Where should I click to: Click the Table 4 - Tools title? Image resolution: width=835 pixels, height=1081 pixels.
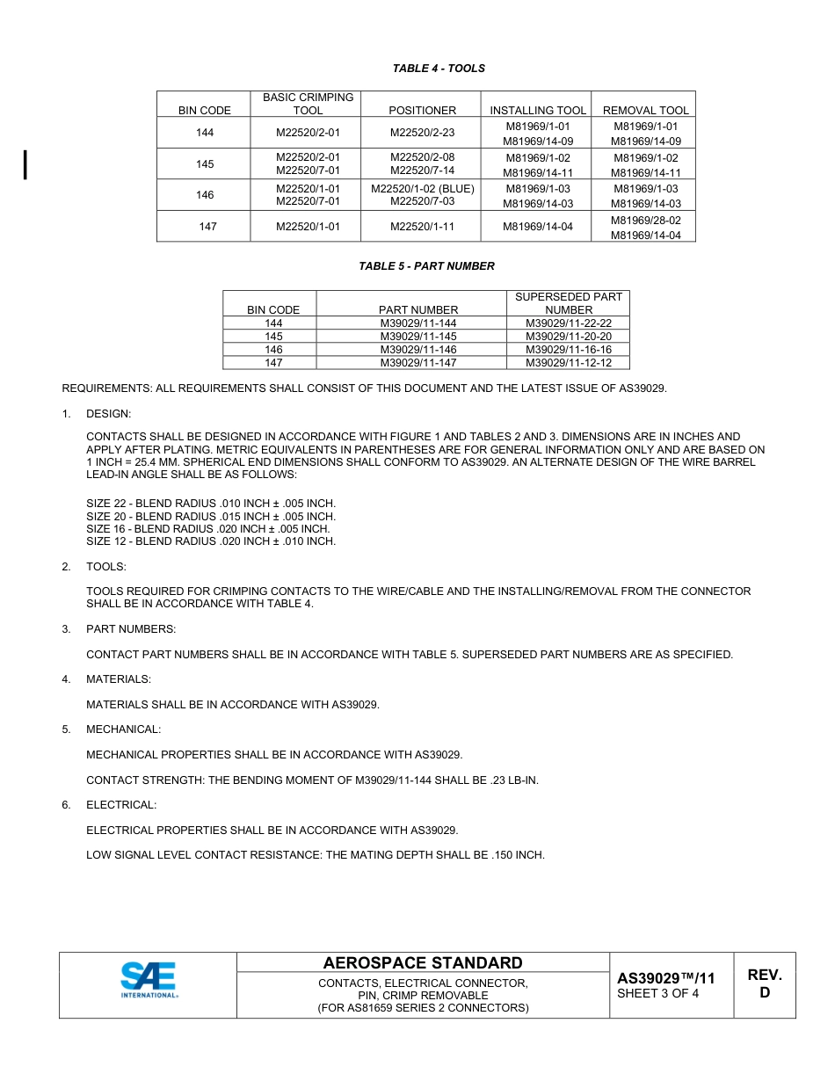439,69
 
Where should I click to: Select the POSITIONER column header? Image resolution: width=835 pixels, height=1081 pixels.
422,111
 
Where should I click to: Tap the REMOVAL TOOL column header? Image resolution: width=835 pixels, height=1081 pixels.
645,111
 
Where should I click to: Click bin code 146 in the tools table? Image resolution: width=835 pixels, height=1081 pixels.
205,195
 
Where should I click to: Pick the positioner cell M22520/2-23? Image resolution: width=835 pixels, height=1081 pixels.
422,133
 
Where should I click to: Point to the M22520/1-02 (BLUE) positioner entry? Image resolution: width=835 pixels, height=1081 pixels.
422,189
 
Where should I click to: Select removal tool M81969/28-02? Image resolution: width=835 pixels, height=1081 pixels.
645,221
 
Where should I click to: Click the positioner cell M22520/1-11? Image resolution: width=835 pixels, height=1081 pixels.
422,227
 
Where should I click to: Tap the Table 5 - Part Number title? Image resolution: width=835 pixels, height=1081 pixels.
426,266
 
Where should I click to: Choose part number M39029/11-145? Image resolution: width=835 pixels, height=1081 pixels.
418,337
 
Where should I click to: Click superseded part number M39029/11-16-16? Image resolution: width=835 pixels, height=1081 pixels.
569,350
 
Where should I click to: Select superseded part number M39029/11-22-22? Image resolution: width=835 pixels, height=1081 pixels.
569,323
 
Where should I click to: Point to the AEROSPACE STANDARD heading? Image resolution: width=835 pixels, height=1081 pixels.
423,963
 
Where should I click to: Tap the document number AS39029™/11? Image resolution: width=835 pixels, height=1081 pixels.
665,978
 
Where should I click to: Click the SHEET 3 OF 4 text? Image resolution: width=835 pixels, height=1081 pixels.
658,994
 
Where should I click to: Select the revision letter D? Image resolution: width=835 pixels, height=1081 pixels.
765,993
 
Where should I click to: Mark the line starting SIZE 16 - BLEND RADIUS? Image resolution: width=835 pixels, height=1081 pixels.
208,529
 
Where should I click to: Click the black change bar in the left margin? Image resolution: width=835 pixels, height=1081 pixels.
25,164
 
